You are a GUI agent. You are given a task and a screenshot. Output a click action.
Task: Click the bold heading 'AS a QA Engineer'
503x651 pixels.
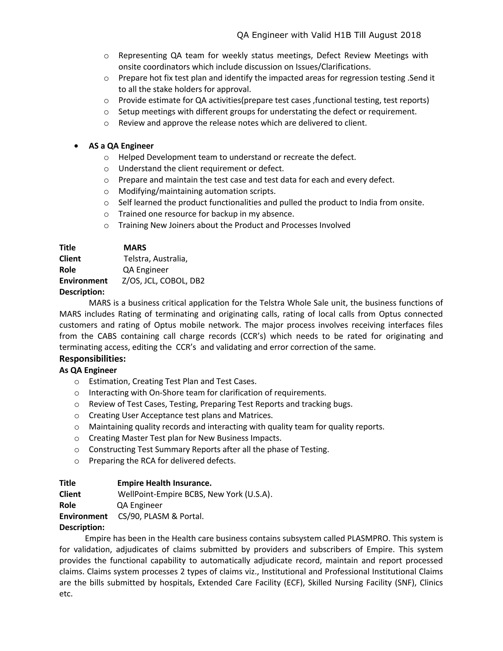[x=121, y=146]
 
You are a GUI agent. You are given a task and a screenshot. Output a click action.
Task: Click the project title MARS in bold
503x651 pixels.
[x=135, y=247]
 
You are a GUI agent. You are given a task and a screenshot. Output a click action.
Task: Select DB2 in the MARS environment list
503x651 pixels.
[x=197, y=281]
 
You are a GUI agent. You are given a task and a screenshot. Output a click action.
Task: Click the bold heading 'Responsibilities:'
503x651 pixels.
[x=92, y=359]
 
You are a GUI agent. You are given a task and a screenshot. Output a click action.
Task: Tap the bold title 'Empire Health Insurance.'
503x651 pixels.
[x=164, y=483]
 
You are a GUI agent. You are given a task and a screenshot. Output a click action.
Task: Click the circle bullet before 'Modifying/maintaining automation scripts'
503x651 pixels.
[x=106, y=192]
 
